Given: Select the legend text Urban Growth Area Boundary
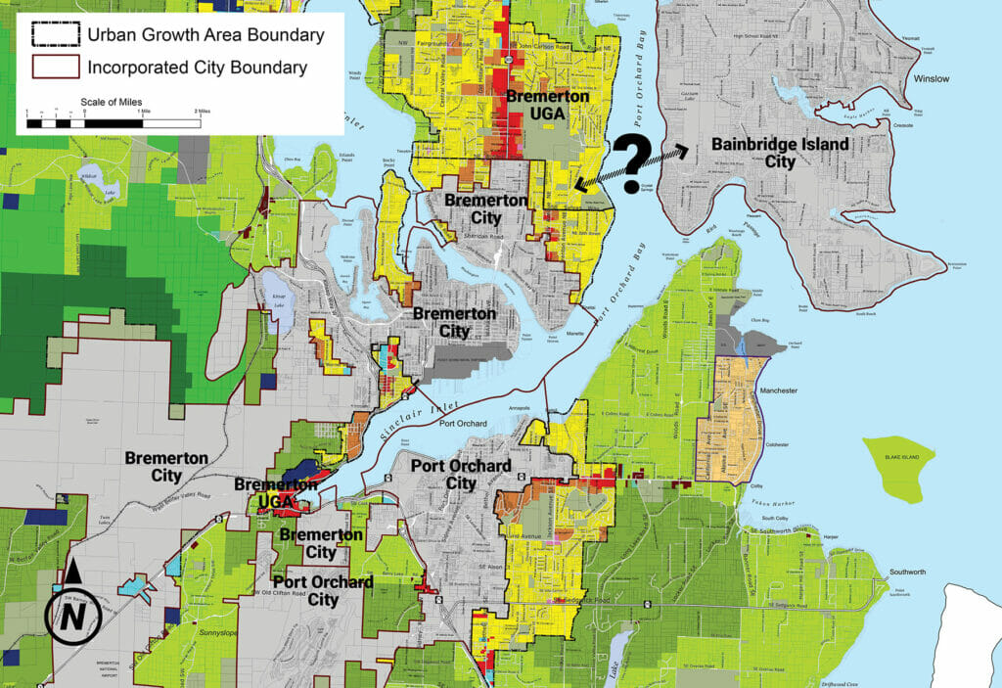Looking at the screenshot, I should click(205, 35).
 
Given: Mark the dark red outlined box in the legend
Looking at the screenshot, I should click(51, 68).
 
